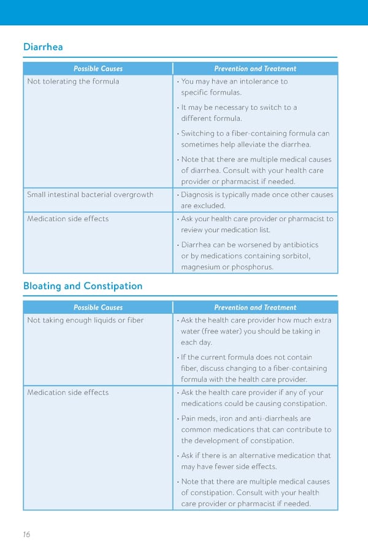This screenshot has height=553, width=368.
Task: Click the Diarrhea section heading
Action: click(43, 47)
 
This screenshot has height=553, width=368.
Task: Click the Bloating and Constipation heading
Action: click(82, 286)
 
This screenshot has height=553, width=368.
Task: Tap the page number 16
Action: click(26, 534)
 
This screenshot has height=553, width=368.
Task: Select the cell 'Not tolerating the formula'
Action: click(73, 81)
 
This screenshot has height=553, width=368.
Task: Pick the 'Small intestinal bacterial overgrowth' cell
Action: click(90, 195)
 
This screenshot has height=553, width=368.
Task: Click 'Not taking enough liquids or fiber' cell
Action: click(85, 320)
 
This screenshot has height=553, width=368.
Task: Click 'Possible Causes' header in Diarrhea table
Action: click(98, 69)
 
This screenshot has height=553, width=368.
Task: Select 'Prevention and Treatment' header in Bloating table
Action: click(255, 307)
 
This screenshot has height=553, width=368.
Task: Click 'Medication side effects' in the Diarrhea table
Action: click(67, 219)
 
